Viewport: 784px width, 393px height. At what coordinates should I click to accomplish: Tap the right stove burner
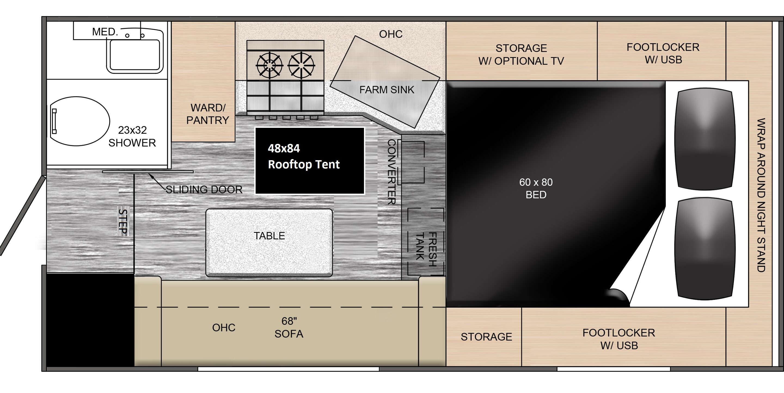coord(301,65)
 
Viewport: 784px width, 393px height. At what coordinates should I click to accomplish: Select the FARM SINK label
coord(387,90)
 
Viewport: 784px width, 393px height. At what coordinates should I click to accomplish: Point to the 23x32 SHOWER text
coord(132,136)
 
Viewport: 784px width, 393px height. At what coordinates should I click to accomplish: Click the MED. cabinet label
coord(105,32)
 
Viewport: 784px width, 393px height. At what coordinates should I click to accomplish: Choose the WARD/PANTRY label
coord(207,114)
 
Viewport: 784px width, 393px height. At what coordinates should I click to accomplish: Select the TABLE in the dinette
coord(269,242)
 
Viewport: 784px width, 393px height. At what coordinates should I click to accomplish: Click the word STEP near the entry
coord(123,221)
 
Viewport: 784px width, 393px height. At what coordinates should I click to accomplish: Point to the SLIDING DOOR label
coord(204,190)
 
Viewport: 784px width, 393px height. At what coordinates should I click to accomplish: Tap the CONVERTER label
coord(391,172)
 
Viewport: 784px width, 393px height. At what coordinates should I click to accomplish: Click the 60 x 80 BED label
coord(536,188)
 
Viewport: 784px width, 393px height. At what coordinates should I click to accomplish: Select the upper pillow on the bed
coord(705,139)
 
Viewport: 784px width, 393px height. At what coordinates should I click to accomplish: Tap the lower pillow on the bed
coord(705,249)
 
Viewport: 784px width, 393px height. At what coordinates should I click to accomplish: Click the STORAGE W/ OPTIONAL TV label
coord(521,54)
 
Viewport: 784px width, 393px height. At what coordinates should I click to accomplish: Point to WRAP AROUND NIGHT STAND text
coord(761,195)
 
